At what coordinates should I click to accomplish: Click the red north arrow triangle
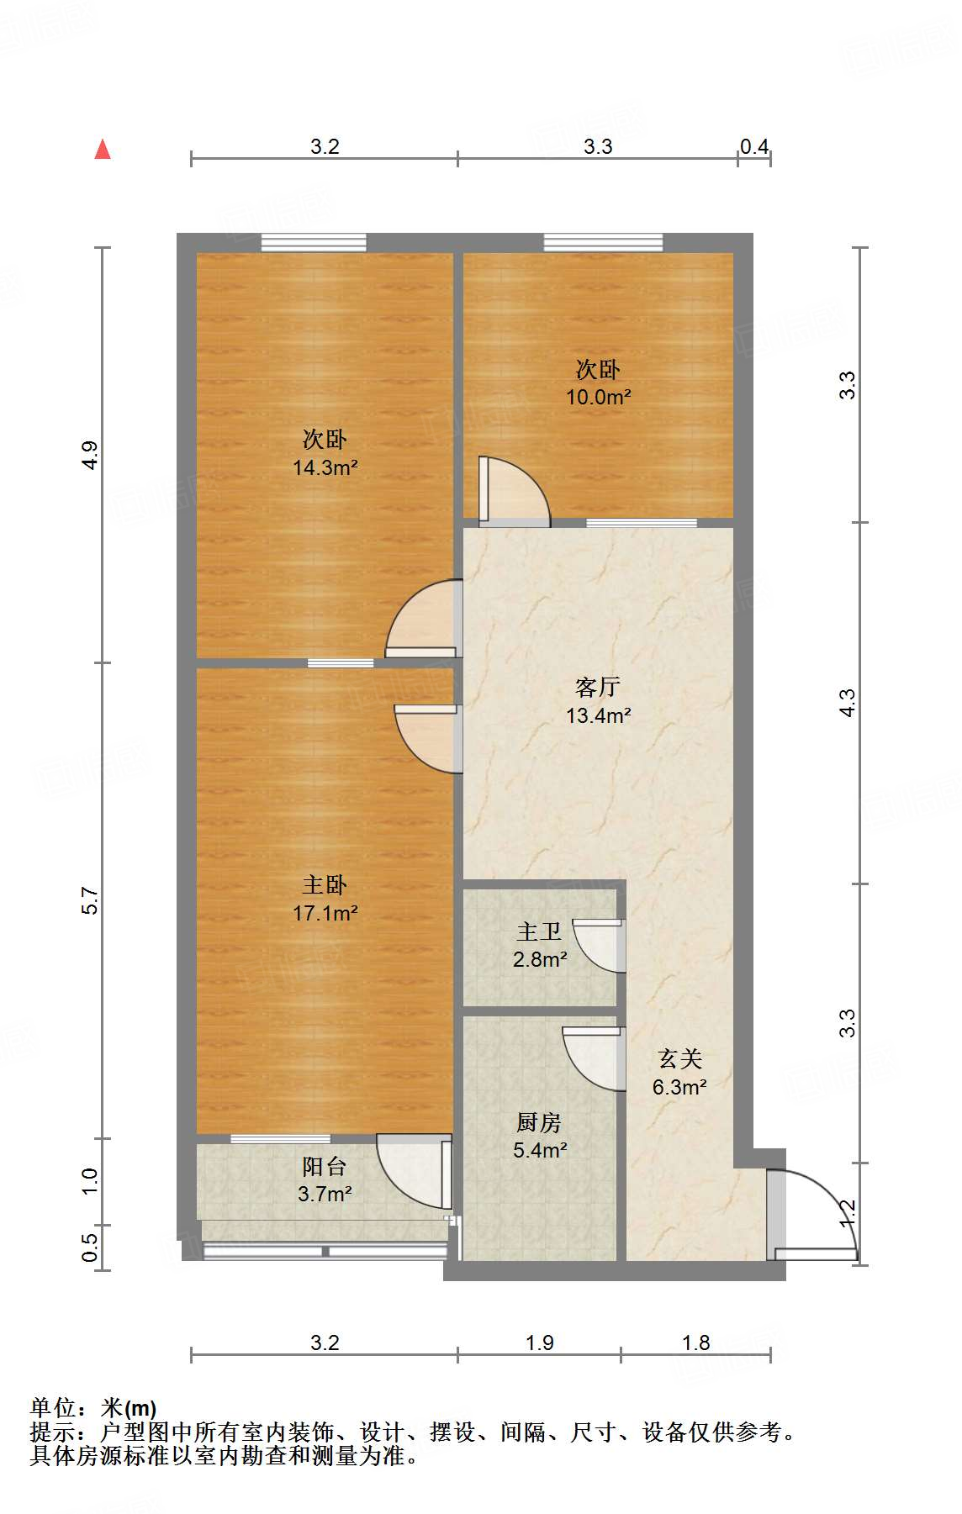click(103, 150)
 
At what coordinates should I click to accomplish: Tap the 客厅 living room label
click(598, 688)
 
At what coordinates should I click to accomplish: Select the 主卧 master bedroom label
click(325, 884)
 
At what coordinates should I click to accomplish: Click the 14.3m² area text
click(325, 467)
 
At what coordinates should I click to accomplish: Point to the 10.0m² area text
click(598, 397)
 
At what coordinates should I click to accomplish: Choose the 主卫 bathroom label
click(539, 931)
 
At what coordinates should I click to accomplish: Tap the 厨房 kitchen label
click(539, 1122)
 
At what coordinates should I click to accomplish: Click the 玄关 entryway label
click(679, 1059)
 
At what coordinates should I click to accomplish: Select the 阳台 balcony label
click(325, 1166)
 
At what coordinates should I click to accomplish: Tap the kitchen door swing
click(595, 1058)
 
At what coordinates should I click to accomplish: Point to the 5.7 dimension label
click(90, 900)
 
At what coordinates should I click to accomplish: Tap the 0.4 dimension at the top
click(754, 147)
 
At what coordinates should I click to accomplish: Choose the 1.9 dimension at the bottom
click(540, 1343)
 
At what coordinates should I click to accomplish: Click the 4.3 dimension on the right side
click(847, 703)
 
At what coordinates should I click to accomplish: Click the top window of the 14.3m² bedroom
click(314, 243)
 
